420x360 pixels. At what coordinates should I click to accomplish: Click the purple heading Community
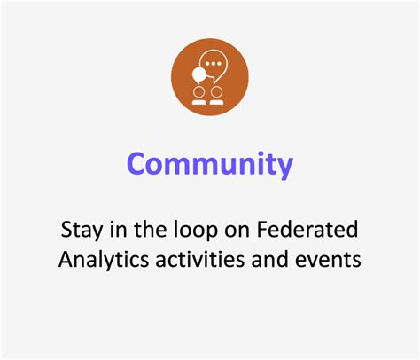[209, 165]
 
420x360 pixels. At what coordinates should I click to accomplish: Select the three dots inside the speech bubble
[214, 64]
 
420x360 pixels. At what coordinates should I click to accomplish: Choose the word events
[327, 262]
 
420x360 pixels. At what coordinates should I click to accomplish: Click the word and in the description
[267, 262]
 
